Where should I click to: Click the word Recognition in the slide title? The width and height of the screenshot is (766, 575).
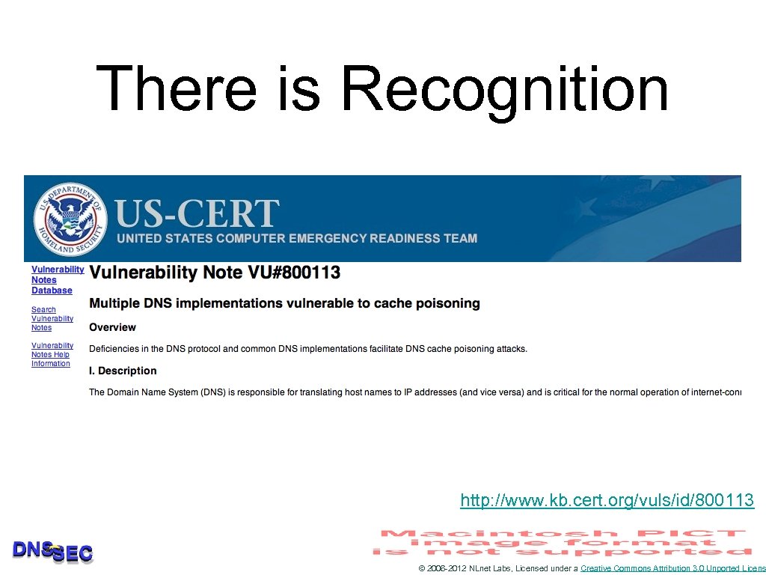pos(504,90)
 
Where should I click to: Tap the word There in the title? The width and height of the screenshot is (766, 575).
pos(177,88)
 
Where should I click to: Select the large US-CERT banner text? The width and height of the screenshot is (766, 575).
pos(197,214)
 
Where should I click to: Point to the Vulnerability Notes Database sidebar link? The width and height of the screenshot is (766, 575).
pos(56,280)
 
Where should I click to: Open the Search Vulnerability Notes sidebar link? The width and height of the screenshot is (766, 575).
pos(52,318)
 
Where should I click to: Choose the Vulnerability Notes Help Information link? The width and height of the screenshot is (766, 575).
pos(52,354)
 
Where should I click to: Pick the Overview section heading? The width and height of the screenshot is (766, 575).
pos(112,327)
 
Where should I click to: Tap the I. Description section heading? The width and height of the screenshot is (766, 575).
pos(123,371)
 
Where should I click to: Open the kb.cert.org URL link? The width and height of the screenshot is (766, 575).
pos(607,500)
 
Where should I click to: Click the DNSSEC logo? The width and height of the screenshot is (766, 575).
pos(52,552)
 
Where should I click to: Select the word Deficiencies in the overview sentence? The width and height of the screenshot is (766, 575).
pos(116,348)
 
